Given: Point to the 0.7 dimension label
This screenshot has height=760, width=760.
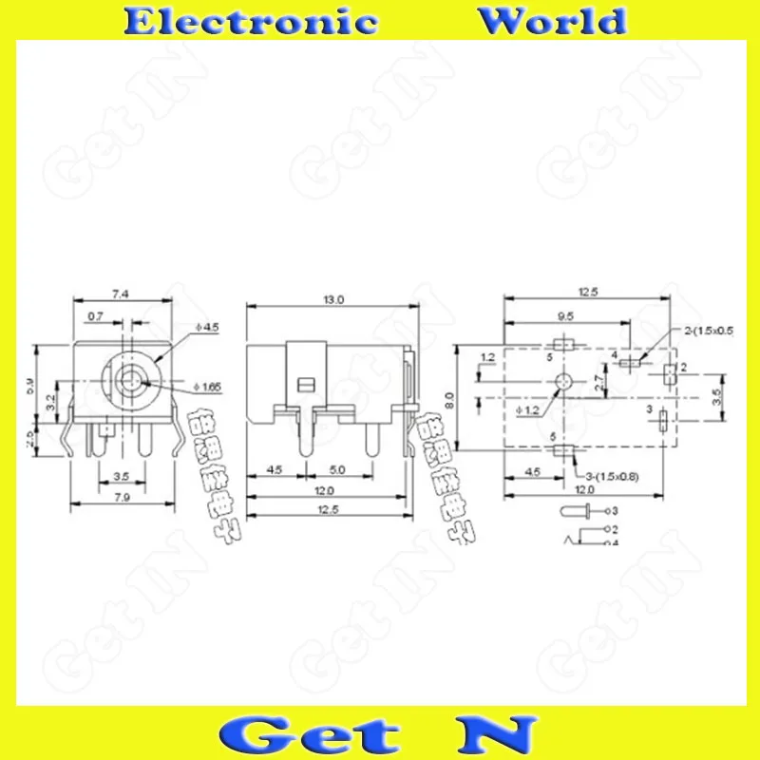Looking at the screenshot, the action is pos(96,314).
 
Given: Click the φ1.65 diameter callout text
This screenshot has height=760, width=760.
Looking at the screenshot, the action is pos(208,387).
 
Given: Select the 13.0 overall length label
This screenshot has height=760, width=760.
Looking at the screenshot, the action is pos(332,299).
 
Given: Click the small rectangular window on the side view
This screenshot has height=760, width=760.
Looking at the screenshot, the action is pos(305,384).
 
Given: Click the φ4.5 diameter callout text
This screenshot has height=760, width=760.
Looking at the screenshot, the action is pos(206,328).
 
